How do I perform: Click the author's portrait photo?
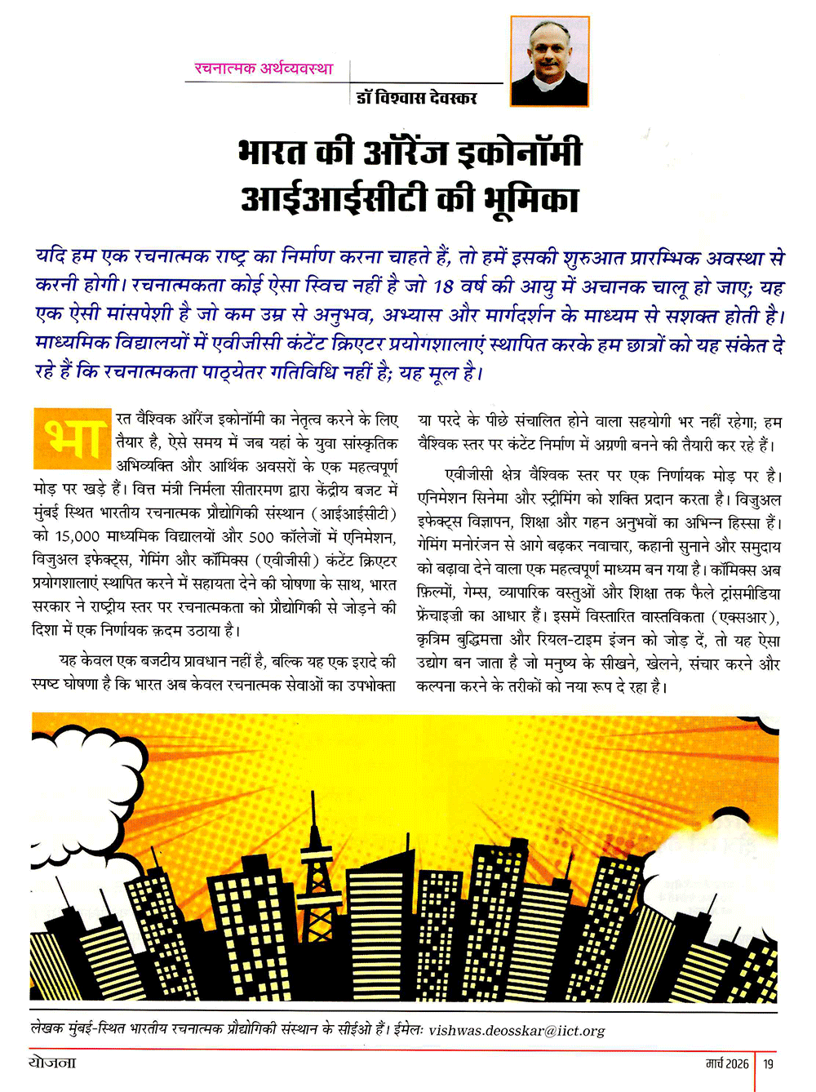tap(549, 62)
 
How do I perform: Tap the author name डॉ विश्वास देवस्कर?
tap(417, 98)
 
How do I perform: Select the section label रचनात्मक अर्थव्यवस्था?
tap(263, 69)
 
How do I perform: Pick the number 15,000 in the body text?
tap(78, 537)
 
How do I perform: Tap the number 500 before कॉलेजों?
tap(261, 537)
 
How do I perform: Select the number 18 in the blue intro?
tap(444, 286)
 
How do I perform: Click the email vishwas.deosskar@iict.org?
tap(517, 1031)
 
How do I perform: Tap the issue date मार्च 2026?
tap(727, 1063)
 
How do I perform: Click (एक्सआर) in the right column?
tap(745, 616)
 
